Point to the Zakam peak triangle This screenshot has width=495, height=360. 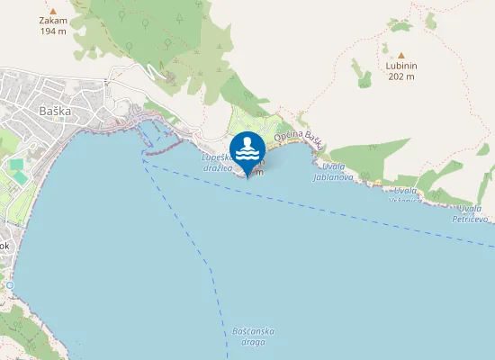click(54, 12)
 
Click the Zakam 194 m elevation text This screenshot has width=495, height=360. click(54, 25)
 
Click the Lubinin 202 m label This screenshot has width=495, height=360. click(401, 71)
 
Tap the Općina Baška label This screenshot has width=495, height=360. click(299, 137)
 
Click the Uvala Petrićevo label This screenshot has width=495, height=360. click(470, 213)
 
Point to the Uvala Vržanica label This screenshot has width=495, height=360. click(405, 195)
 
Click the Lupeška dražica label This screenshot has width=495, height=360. click(216, 161)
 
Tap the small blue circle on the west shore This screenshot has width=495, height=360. click(10, 284)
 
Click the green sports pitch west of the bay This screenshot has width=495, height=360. click(17, 167)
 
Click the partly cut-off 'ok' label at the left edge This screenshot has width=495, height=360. click(4, 245)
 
